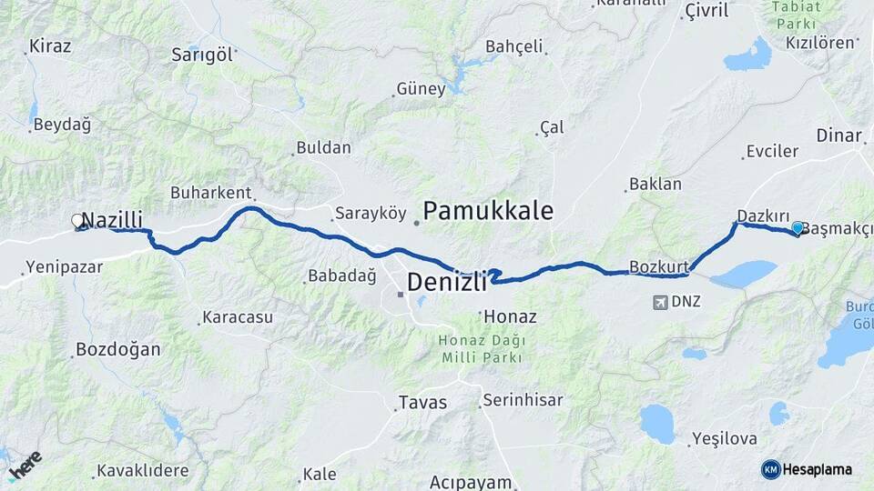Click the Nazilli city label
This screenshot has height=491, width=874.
point(112,219)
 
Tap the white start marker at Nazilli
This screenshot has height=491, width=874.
point(77,220)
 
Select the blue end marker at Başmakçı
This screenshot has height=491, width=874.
point(798,227)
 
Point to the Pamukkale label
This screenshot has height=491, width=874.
point(488,212)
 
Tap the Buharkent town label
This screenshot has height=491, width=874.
point(210,193)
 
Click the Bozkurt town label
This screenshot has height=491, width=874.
point(655,267)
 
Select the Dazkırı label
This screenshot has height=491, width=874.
point(763,215)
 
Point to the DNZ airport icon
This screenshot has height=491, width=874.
point(660,301)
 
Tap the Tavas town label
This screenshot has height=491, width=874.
point(423,402)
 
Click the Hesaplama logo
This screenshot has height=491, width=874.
point(807,469)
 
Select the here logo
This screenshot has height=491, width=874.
point(24,466)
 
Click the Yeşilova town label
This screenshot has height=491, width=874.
point(725,438)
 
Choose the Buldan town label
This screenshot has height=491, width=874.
point(323,147)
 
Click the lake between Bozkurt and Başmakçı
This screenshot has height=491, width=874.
point(744,274)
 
